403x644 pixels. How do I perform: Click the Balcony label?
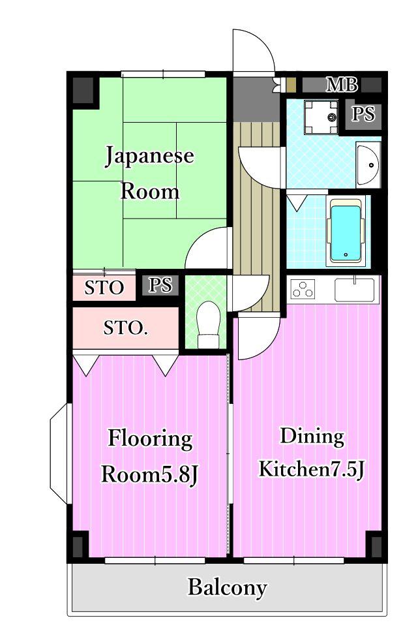[x=227, y=588]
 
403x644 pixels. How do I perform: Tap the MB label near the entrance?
[x=342, y=85]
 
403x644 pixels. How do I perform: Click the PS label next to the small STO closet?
[x=160, y=284]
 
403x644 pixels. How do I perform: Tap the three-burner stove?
[x=303, y=289]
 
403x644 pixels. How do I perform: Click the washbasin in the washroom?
[x=368, y=164]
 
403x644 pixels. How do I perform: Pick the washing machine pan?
[x=321, y=117]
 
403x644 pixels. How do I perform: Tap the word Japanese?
[x=149, y=157]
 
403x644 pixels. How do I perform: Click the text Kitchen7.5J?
[x=311, y=469]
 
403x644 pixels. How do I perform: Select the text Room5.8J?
[x=149, y=475]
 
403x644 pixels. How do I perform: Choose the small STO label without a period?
[x=104, y=288]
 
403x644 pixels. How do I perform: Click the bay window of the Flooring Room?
[x=61, y=453]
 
